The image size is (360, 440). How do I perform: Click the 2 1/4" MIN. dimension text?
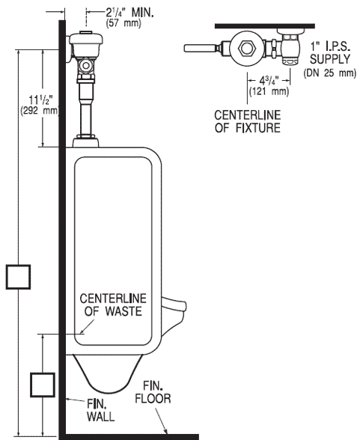[x=130, y=13]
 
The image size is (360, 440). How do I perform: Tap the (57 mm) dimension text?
[x=123, y=23]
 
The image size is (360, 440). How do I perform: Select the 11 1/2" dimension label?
[x=41, y=100]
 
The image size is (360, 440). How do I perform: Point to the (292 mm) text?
[x=40, y=110]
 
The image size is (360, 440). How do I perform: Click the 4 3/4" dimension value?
[x=269, y=81]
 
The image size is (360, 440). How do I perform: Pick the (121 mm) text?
[x=269, y=91]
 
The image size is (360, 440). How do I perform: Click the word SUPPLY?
[x=330, y=59]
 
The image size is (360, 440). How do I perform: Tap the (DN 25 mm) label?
[x=330, y=73]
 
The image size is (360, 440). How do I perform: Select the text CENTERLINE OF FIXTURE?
[x=248, y=121]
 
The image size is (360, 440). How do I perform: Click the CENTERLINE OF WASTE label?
[x=113, y=305]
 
